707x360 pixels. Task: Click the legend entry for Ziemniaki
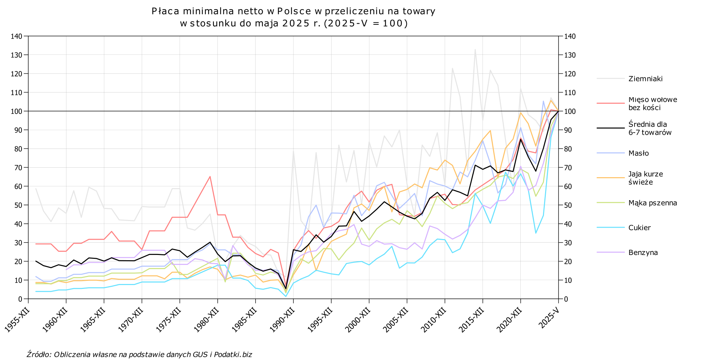(x=645, y=79)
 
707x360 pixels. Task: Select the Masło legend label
(x=638, y=153)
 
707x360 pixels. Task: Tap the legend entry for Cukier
(x=639, y=227)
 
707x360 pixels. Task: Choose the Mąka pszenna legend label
(x=653, y=203)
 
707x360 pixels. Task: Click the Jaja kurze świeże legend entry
(x=645, y=178)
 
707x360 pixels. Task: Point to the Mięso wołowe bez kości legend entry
(x=653, y=103)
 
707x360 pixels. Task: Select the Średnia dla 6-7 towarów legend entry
(x=650, y=128)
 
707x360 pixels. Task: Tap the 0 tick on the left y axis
(x=20, y=299)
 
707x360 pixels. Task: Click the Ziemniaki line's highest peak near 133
(x=475, y=49)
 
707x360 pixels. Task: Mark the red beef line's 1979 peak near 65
(x=210, y=176)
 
